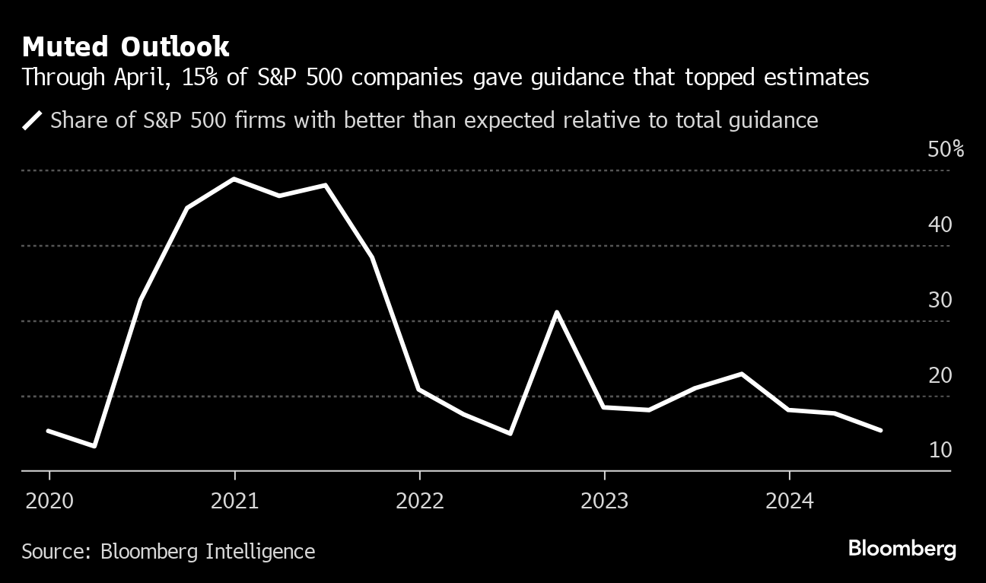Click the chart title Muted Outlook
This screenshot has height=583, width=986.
126,47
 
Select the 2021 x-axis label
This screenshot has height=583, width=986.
234,501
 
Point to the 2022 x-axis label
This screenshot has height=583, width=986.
419,501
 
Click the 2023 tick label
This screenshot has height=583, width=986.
604,501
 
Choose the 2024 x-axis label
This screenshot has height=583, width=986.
789,501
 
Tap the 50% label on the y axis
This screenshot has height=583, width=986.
946,150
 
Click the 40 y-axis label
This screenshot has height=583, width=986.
940,225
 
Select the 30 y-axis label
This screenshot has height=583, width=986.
940,301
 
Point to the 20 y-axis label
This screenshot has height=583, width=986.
940,376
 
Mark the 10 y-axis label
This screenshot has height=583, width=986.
940,451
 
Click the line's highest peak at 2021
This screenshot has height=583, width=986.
234,179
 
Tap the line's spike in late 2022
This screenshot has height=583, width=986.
558,312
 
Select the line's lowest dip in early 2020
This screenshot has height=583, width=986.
94,446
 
